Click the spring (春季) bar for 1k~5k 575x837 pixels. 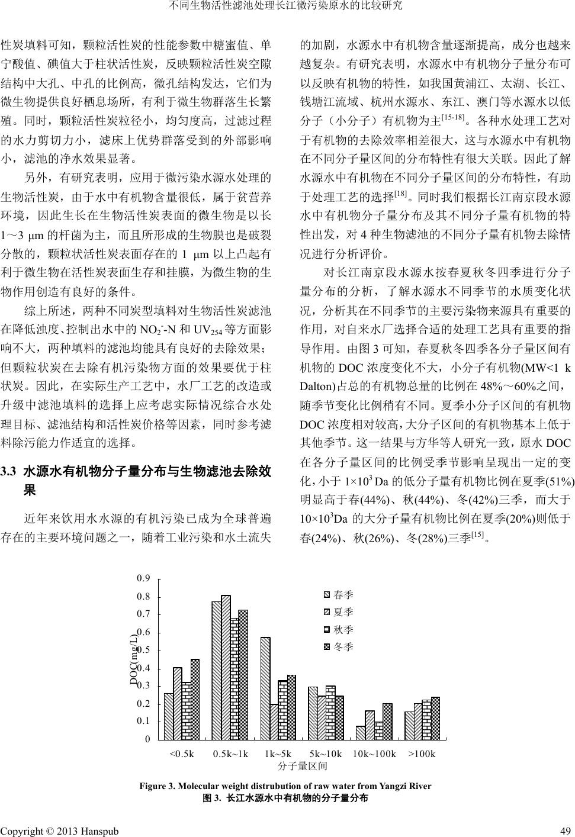pyautogui.click(x=265, y=688)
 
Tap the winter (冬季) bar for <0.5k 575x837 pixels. pyautogui.click(x=195, y=699)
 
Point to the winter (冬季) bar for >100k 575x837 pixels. pyautogui.click(x=435, y=718)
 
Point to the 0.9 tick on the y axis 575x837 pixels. pyautogui.click(x=143, y=578)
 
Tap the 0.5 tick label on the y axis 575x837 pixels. pyautogui.click(x=143, y=651)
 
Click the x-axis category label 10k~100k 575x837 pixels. pyautogui.click(x=374, y=754)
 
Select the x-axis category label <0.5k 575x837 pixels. pyautogui.click(x=181, y=754)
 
